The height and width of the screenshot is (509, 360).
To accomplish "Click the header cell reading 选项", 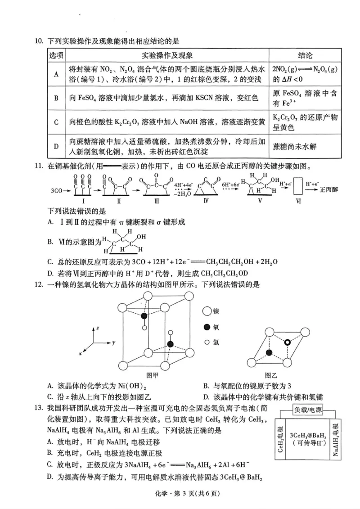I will [x=56, y=55].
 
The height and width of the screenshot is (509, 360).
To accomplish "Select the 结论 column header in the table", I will [x=305, y=55].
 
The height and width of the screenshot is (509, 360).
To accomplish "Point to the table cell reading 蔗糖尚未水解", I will [x=292, y=146].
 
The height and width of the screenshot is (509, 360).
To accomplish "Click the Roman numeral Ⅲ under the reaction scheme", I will [x=157, y=202].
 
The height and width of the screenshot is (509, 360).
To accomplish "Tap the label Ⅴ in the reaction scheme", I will [x=260, y=202].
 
